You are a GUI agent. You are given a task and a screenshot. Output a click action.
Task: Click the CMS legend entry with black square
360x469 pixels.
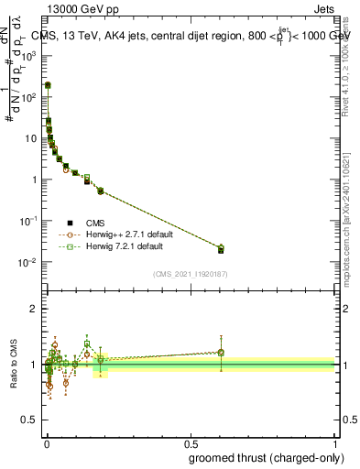pyautogui.click(x=95, y=223)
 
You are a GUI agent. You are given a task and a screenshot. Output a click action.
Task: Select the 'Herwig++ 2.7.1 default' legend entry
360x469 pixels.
pyautogui.click(x=123, y=234)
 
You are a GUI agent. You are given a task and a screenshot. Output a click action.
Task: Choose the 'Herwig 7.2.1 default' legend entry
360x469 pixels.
pyautogui.click(x=120, y=247)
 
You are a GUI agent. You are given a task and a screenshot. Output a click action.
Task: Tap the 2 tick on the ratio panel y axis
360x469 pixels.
pyautogui.click(x=34, y=309)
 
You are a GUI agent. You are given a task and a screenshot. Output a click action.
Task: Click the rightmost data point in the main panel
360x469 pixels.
pyautogui.click(x=221, y=249)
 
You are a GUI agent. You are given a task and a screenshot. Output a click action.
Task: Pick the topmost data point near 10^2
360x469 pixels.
pyautogui.click(x=48, y=85)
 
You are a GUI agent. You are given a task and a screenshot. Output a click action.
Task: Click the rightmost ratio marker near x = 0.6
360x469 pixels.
pyautogui.click(x=221, y=353)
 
